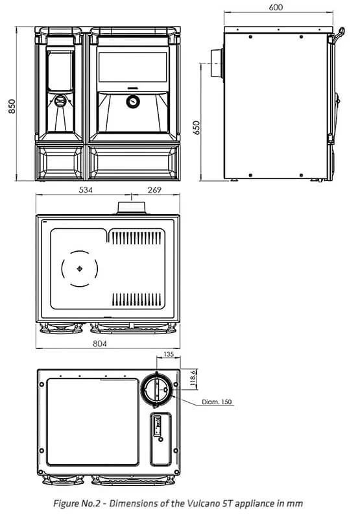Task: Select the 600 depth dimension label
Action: [x=276, y=7]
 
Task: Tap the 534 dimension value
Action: [x=86, y=191]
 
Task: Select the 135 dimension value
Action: [x=169, y=354]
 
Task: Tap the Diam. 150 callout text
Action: [x=217, y=402]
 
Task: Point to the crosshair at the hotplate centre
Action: [x=79, y=268]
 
